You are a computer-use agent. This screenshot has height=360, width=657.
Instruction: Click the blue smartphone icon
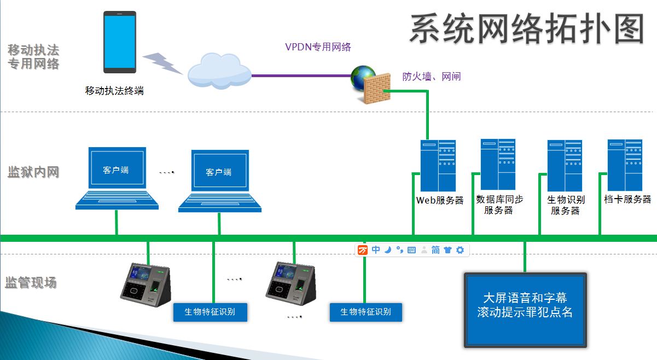(x=120, y=42)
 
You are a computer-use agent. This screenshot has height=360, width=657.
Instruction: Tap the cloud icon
(x=219, y=71)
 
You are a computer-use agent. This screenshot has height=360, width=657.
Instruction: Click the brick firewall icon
(x=377, y=88)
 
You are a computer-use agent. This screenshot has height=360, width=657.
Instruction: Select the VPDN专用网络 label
(x=318, y=47)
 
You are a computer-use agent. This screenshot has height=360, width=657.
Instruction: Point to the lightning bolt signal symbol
(x=162, y=63)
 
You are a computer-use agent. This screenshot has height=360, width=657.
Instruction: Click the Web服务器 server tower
(x=438, y=165)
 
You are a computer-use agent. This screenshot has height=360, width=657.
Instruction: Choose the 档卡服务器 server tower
(x=625, y=165)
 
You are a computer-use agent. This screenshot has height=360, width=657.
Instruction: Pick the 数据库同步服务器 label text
(x=499, y=205)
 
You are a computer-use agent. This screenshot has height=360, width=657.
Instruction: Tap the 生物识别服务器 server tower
(x=565, y=165)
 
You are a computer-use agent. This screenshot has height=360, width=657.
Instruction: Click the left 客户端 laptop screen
(x=117, y=168)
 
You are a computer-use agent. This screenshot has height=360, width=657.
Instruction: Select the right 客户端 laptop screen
(x=220, y=171)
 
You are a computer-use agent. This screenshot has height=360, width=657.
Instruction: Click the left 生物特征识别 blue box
(x=210, y=312)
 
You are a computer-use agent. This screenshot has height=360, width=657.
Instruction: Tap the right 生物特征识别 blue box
(x=366, y=312)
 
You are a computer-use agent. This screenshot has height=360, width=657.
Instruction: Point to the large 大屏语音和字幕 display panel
(x=525, y=310)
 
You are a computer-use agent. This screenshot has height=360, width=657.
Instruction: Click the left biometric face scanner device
(x=146, y=284)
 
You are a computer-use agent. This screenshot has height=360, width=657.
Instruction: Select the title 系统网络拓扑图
(x=527, y=29)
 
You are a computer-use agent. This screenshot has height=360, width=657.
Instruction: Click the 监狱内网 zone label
(x=33, y=172)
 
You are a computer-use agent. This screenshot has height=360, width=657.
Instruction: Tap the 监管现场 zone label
(x=31, y=282)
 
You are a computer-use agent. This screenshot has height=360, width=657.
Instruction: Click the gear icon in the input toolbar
(x=460, y=250)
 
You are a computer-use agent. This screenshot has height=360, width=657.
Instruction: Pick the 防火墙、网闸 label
(x=432, y=77)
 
